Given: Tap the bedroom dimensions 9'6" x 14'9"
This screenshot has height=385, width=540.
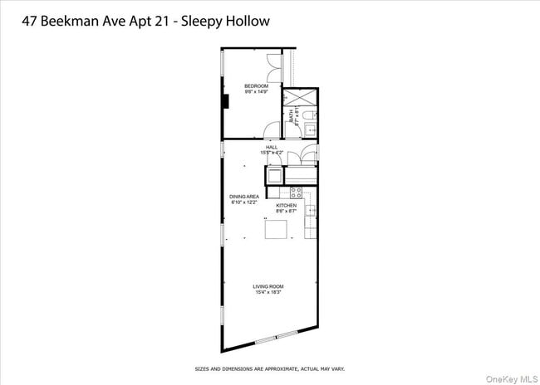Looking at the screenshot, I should point(255,92).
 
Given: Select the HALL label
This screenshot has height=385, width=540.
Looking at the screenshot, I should point(272,147).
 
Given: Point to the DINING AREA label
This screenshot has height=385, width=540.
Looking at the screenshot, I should point(243,197).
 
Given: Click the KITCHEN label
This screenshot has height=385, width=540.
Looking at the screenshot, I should point(287,205).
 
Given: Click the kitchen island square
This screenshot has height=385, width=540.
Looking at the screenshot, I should point(277,228).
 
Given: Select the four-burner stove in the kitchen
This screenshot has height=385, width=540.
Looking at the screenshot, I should point(297,192).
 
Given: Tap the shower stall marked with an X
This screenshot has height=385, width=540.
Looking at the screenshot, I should point(295,98).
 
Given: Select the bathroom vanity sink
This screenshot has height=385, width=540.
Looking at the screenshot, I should point(310,129).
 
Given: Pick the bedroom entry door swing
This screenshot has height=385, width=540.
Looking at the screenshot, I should point(271,131).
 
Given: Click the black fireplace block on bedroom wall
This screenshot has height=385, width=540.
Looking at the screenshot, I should point(224,102).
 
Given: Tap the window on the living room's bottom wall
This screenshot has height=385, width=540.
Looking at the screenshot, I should point(275,336).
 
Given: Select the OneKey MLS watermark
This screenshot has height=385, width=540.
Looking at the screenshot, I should point(516,378).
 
